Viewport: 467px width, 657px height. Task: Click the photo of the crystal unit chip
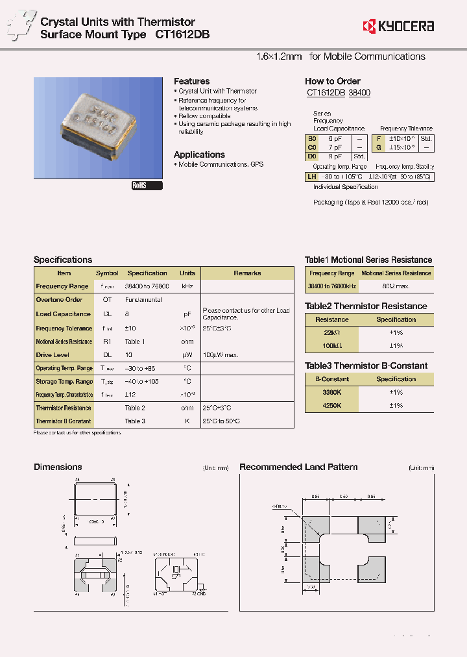98,127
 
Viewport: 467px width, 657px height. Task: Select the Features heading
191,81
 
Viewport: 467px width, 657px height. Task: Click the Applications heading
199,155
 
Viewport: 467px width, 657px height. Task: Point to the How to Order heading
332,81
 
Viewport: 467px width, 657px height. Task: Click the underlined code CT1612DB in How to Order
326,93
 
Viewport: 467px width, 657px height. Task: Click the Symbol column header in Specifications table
107,273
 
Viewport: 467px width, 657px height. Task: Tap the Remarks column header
247,273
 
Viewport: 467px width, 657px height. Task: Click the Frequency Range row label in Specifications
62,286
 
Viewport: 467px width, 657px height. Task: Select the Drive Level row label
53,355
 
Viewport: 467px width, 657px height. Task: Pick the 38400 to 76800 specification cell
147,286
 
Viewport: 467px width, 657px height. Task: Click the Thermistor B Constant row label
64,421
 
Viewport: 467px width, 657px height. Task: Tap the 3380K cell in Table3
332,392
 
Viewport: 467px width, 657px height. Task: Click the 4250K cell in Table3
332,405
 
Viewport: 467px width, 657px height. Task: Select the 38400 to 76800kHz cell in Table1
332,286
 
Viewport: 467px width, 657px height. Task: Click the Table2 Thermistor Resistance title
366,306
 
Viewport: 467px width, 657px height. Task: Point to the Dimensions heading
58,467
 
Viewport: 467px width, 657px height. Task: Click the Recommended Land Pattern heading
298,467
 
